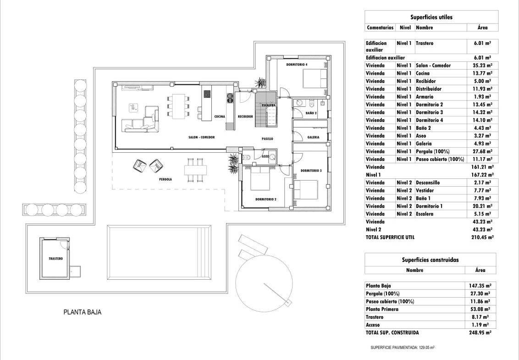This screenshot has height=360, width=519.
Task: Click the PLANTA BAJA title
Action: (83, 312)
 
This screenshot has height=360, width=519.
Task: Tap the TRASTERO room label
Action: (55, 259)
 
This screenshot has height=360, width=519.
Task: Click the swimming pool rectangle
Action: (159, 252)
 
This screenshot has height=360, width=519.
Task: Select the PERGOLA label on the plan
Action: (166, 179)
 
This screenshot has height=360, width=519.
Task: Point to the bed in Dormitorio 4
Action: (315, 78)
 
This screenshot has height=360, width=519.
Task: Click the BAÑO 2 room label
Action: (311, 113)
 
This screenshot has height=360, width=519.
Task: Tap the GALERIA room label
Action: (313, 137)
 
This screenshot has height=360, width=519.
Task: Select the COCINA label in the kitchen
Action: (220, 116)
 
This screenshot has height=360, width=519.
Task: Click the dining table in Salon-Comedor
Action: (179, 105)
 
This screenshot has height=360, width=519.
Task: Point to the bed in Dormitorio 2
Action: (260, 178)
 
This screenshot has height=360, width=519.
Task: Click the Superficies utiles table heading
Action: (431, 17)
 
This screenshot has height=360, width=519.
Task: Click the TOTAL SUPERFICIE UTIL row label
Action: (390, 237)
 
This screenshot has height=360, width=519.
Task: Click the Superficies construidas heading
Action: (431, 260)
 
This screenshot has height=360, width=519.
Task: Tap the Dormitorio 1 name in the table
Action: (429, 206)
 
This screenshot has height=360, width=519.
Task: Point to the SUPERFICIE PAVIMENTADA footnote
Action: (403, 348)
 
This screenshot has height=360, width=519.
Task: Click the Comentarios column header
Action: (380, 28)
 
